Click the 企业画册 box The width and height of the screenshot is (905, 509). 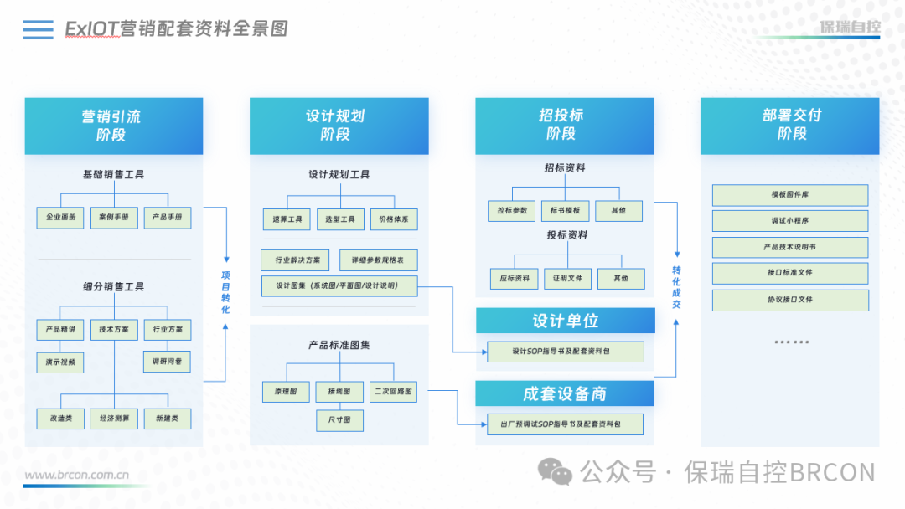pos(60,218)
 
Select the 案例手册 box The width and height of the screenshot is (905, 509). pos(114,218)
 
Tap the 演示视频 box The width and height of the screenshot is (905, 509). pos(60,362)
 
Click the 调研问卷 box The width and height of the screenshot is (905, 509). pos(167,362)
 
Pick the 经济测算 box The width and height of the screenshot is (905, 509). pos(114,418)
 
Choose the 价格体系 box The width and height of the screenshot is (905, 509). pos(394,219)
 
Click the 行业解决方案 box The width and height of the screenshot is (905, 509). pos(296,260)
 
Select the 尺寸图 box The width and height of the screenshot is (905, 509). pos(340,419)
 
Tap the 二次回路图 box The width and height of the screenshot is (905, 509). pos(394,391)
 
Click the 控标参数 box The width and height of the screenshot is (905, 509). pos(512,210)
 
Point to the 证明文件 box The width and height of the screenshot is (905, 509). pos(567,278)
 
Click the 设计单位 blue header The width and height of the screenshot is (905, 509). pos(566,321)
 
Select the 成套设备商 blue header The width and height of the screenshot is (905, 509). pos(566,393)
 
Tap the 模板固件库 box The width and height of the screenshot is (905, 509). pos(790,195)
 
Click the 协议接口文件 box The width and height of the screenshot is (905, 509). pos(790,300)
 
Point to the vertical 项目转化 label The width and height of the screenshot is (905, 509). pos(225,292)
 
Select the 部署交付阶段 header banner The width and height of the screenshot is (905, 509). pos(790,126)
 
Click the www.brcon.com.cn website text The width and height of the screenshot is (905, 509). pos(76,475)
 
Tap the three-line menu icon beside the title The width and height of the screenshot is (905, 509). pos(39,30)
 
